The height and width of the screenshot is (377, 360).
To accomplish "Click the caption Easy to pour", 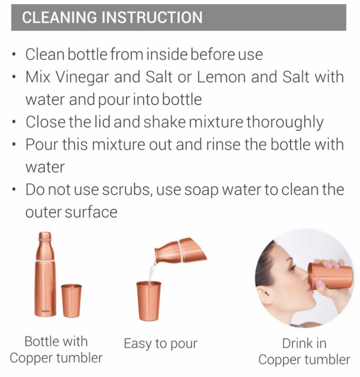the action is pos(160,344).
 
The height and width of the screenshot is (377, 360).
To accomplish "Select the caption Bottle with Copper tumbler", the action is pos(56,350).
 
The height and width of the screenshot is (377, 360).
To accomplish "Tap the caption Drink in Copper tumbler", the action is pos(304,351).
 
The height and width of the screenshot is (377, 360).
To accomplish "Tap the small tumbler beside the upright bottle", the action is pos(71,301).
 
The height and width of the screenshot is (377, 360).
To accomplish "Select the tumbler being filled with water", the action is pos(149,301).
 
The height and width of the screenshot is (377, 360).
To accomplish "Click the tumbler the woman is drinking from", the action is pos(330,276).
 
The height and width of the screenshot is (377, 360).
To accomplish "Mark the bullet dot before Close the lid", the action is pos(14,122).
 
